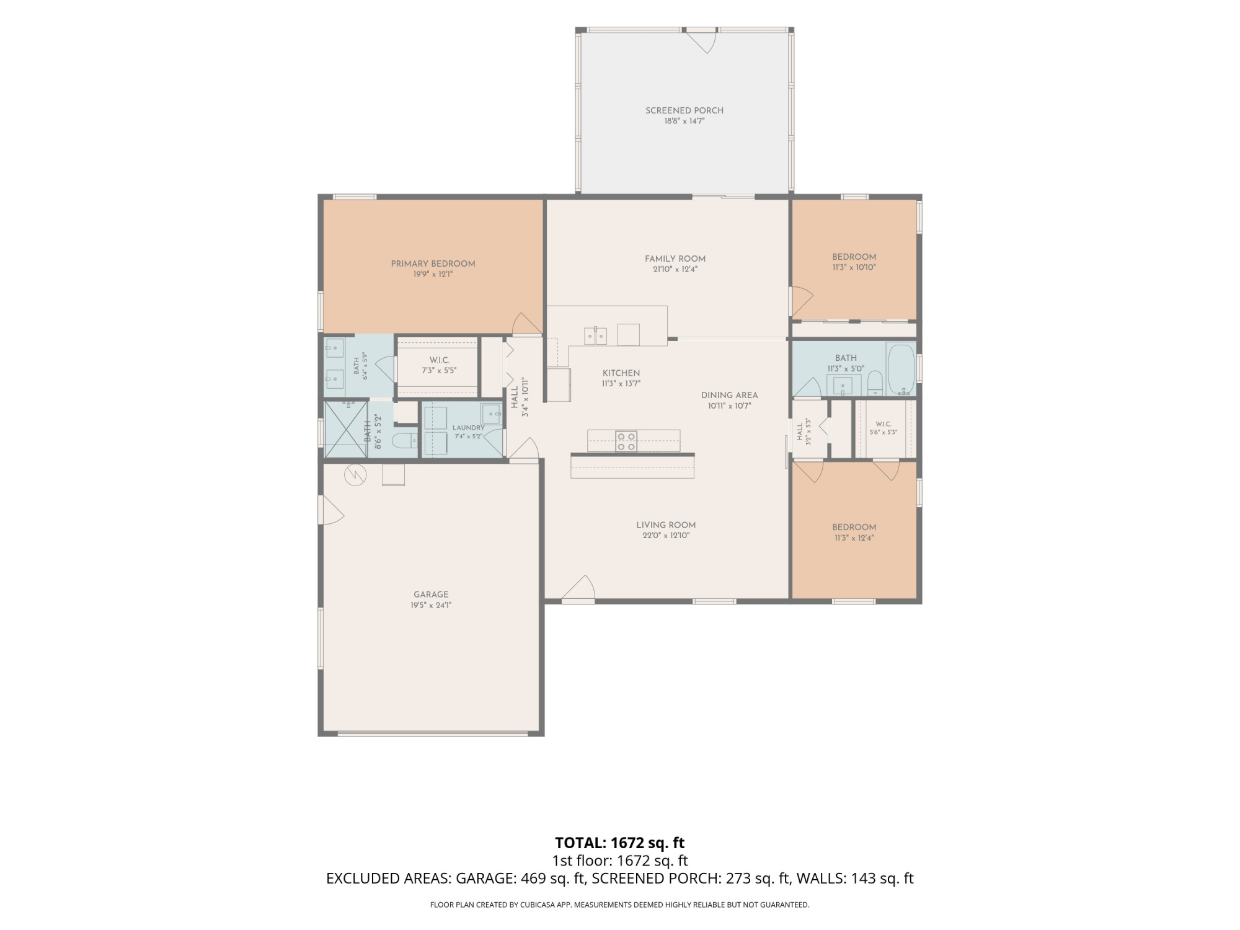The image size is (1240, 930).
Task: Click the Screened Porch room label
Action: click(x=684, y=110)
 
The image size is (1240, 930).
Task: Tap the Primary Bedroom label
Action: click(x=433, y=263)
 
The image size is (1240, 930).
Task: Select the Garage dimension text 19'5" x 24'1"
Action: click(x=431, y=605)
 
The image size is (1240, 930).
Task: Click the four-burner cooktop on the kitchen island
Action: click(x=626, y=441)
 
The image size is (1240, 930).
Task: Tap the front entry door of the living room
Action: click(x=578, y=589)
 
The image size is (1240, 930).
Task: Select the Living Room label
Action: click(x=666, y=525)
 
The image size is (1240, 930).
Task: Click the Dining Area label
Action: click(x=729, y=395)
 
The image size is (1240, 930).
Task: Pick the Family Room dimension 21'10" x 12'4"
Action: click(x=675, y=269)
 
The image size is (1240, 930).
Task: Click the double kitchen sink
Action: click(x=596, y=335)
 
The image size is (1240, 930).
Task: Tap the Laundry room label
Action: click(x=468, y=428)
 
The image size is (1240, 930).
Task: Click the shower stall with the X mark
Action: click(x=346, y=430)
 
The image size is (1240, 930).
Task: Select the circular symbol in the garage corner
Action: click(x=355, y=476)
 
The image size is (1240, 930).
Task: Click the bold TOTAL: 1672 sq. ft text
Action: click(x=619, y=843)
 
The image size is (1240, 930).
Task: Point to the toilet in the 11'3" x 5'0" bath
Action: click(x=875, y=383)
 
